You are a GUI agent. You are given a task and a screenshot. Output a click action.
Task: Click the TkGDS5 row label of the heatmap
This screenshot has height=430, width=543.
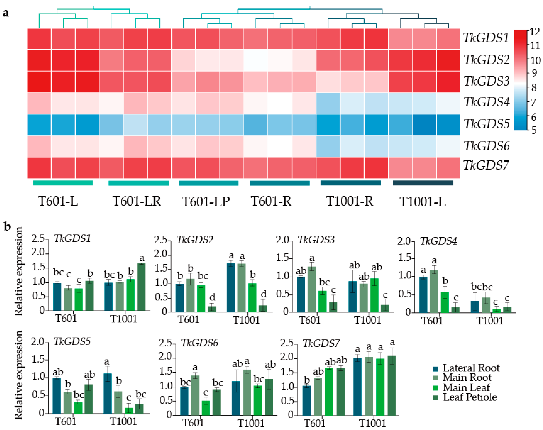coord(487,124)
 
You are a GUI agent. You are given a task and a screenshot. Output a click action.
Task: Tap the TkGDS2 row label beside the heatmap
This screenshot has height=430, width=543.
coord(487,60)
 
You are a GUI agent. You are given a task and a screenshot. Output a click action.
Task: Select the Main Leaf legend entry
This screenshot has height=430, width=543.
coord(466,388)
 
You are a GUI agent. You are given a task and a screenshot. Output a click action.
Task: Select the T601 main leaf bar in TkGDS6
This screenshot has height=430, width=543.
coord(206,408)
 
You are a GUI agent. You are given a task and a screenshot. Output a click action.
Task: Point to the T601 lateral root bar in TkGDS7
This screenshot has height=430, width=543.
coord(307,400)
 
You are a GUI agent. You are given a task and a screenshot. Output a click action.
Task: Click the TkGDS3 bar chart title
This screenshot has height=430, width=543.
coord(316,240)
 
